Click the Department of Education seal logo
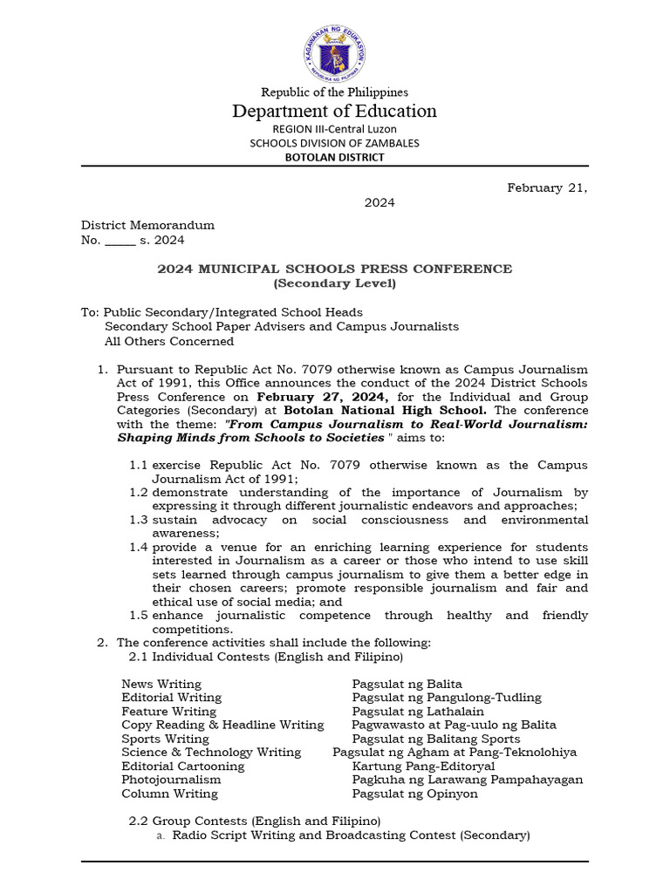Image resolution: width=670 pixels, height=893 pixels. click(x=335, y=50)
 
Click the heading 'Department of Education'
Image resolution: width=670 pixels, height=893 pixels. click(x=334, y=111)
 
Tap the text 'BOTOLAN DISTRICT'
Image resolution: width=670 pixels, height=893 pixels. click(x=334, y=157)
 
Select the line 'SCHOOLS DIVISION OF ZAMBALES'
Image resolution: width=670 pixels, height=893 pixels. click(x=334, y=143)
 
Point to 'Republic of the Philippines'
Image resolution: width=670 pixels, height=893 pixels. click(x=335, y=92)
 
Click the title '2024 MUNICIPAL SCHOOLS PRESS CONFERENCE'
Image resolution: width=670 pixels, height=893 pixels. click(x=334, y=269)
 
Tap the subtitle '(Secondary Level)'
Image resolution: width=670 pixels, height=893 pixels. click(x=334, y=283)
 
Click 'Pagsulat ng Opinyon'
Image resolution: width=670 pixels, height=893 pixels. click(x=415, y=794)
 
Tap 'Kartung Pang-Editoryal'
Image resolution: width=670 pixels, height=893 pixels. click(x=423, y=766)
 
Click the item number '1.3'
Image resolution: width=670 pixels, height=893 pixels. click(x=139, y=520)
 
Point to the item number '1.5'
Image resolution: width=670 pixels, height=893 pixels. click(x=139, y=616)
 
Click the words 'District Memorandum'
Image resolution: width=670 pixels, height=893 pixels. click(x=147, y=226)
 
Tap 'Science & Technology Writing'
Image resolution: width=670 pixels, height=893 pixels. click(x=211, y=752)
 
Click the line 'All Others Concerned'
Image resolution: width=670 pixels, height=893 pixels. click(x=169, y=341)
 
